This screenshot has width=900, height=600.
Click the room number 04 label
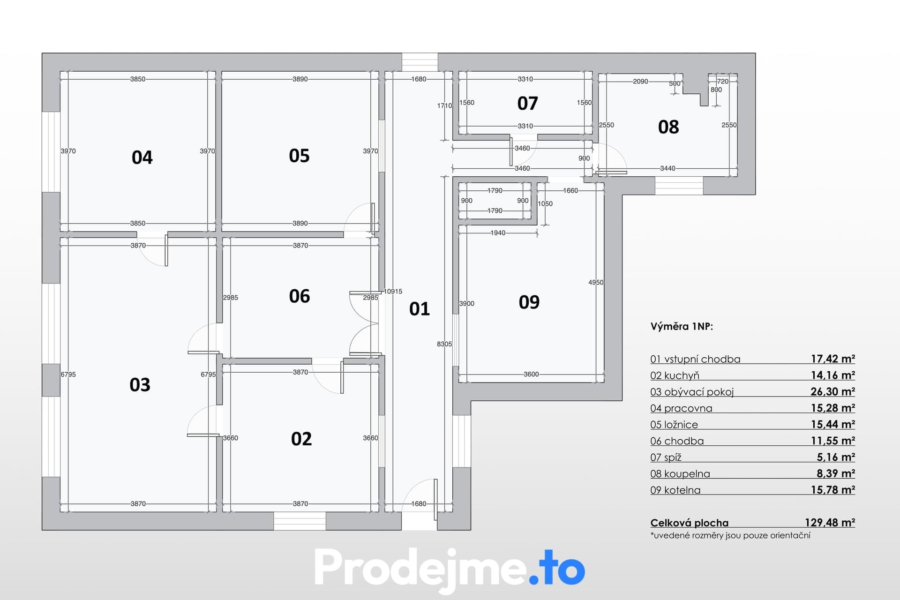pos(142,157)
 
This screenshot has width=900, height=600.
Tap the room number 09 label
pos(529,302)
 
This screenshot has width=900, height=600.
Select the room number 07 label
pos(527,103)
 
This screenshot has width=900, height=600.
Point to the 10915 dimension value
pos(393,291)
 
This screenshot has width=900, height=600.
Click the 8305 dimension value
pos(444,344)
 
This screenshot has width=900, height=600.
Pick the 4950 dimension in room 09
pos(596,282)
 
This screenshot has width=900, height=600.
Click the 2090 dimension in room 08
pos(640,81)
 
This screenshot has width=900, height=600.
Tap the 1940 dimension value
pos(498,232)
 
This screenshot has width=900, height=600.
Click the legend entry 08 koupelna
pos(680,474)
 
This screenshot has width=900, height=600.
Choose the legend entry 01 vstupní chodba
pos(696,359)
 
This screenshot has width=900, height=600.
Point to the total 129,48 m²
pos(830,523)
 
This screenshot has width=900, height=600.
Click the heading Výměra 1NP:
pos(682,327)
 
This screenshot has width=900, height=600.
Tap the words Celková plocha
pos(690,523)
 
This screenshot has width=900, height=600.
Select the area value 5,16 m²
pos(836,457)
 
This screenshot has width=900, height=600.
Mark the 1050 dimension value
pos(545,203)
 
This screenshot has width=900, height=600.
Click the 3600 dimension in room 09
pos(531,374)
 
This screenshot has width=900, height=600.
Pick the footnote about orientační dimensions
pos(730,535)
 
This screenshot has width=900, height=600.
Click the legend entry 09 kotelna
pos(675,490)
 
